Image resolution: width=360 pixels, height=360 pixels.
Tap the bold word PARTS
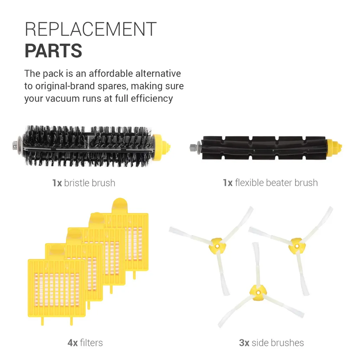tap(53, 51)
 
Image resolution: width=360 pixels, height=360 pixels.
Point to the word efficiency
tap(152, 98)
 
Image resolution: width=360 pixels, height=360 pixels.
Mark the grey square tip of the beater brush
tap(192, 147)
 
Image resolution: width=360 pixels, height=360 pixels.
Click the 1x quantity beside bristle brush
tap(57, 183)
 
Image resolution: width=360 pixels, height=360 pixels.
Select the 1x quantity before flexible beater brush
tap(227, 183)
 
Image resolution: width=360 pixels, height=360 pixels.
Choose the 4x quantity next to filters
tap(72, 343)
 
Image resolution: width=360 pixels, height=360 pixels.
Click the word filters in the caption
tap(91, 343)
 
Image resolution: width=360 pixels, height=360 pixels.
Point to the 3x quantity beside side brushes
tap(244, 343)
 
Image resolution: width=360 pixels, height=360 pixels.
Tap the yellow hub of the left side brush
tap(216, 243)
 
